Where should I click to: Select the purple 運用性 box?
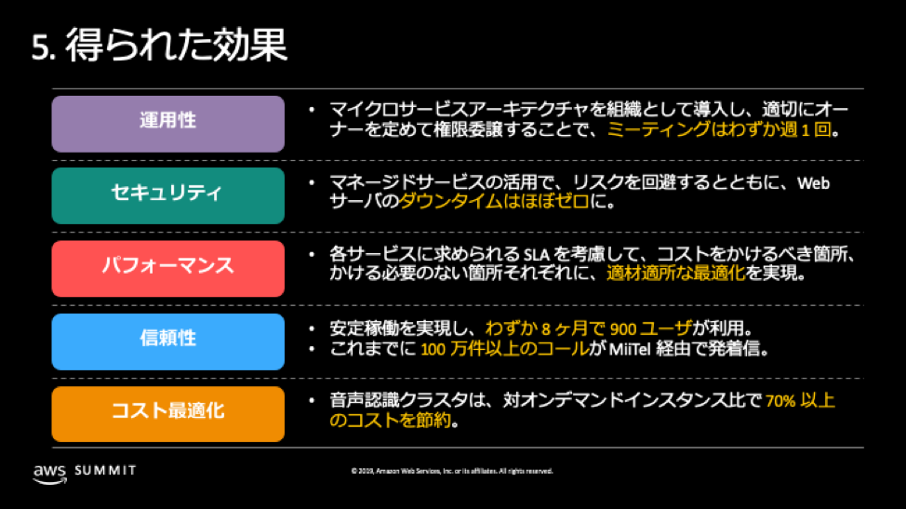point(168,123)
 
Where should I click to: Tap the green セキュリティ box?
point(168,194)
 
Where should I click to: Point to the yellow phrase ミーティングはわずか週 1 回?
point(722,132)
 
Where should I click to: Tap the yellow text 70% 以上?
point(800,401)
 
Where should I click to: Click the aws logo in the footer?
point(49,472)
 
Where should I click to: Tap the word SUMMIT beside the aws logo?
point(105,471)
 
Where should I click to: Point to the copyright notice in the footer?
point(452,472)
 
